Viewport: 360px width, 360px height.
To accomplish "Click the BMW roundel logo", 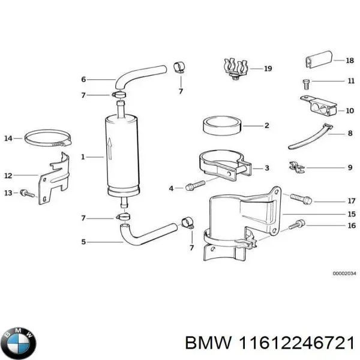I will pyautogui.click(x=19, y=343).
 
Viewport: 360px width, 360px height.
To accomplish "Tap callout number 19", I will pyautogui.click(x=268, y=69).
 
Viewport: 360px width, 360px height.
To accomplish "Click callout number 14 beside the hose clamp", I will pyautogui.click(x=8, y=139).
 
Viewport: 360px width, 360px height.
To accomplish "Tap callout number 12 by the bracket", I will pyautogui.click(x=8, y=176).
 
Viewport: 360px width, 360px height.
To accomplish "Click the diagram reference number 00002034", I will pyautogui.click(x=344, y=274).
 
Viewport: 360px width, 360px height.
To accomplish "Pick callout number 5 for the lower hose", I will pyautogui.click(x=83, y=242).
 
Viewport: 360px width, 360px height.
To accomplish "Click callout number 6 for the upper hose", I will pyautogui.click(x=83, y=79).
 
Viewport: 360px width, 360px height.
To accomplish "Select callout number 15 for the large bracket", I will pyautogui.click(x=352, y=214).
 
